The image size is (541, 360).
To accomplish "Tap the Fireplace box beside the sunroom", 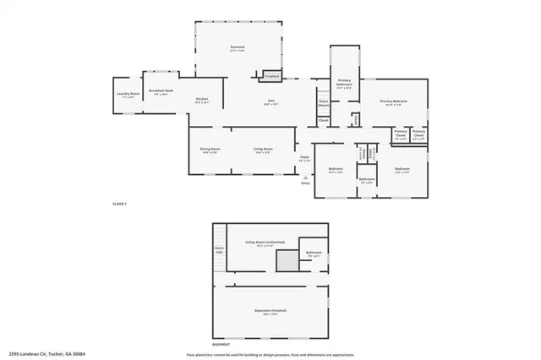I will click(x=272, y=76).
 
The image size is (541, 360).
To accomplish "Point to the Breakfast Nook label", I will click(x=161, y=90).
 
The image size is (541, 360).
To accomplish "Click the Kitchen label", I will click(x=202, y=100).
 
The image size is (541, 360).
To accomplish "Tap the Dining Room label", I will click(x=210, y=150).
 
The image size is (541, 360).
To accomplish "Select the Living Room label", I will click(x=262, y=150).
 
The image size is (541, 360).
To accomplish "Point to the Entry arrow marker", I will click(x=305, y=177).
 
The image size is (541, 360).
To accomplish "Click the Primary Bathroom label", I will click(x=344, y=84).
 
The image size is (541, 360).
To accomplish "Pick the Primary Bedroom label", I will click(x=394, y=101).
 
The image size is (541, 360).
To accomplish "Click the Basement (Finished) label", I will click(x=270, y=311).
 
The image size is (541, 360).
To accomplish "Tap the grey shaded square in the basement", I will click(x=288, y=261).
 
